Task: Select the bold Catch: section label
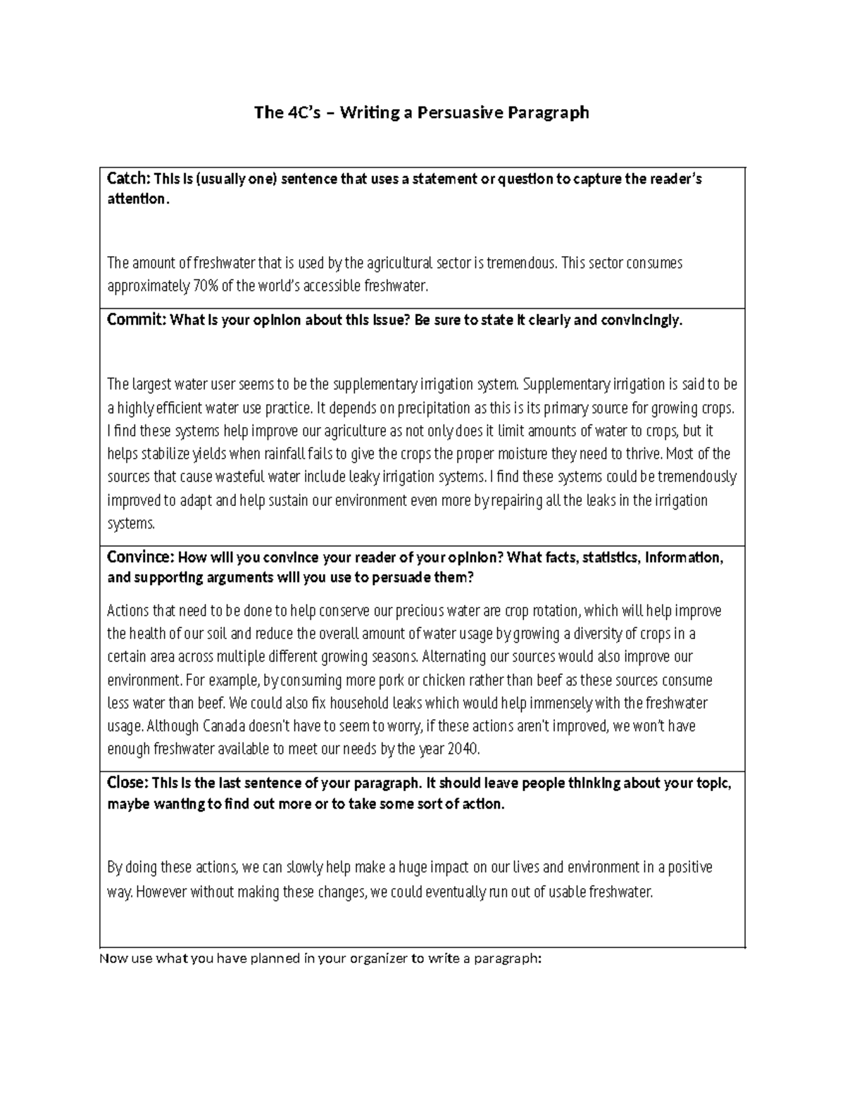point(128,179)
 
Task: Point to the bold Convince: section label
point(140,557)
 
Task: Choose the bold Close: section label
point(127,783)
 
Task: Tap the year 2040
point(463,750)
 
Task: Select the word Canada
point(226,726)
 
